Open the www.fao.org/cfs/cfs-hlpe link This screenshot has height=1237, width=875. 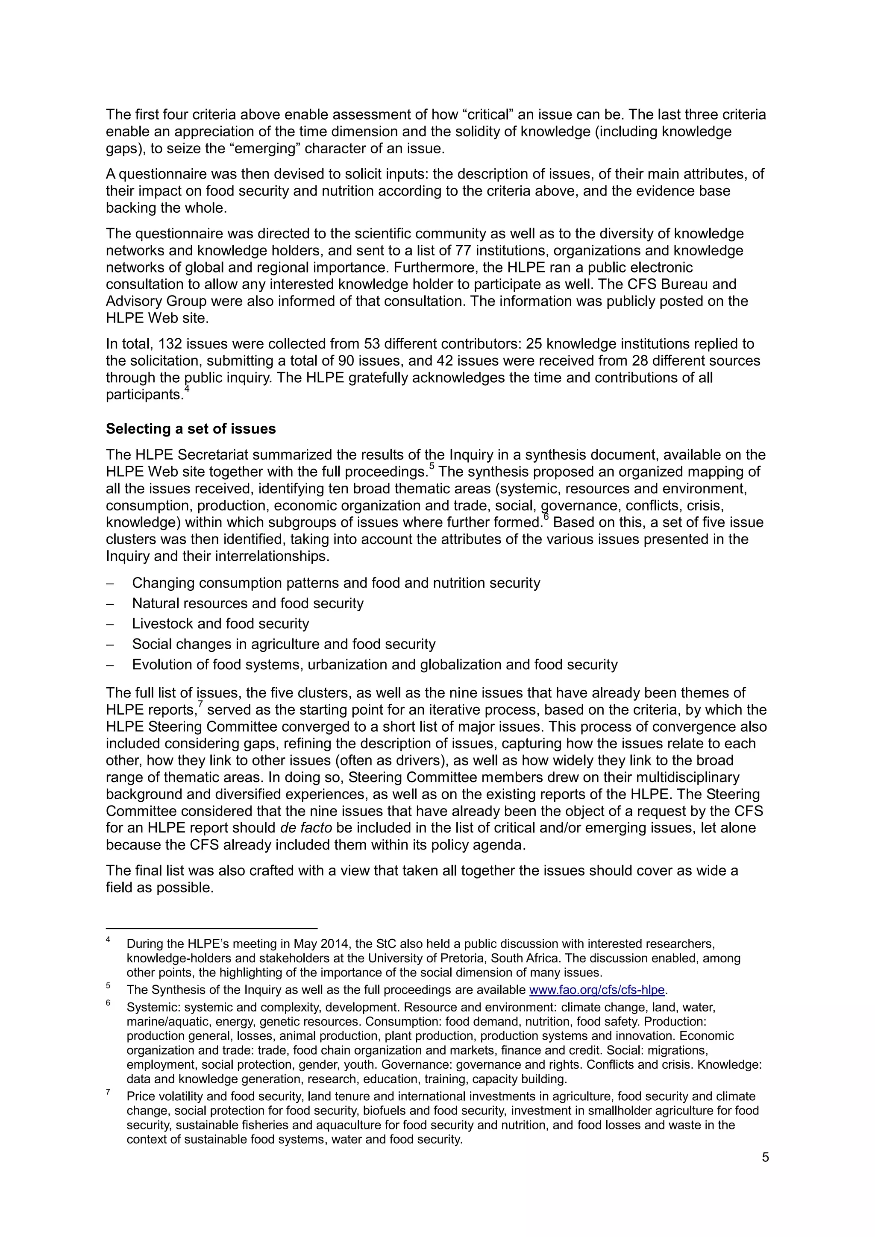click(598, 990)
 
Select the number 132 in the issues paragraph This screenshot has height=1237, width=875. click(170, 344)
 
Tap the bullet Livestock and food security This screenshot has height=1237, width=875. click(220, 624)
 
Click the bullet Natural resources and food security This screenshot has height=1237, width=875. click(248, 604)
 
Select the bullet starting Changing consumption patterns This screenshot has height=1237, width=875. click(336, 583)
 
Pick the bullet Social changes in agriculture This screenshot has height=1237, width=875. click(283, 645)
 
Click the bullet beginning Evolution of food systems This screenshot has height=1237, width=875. click(374, 665)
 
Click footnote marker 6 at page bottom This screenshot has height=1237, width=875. click(108, 1003)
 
